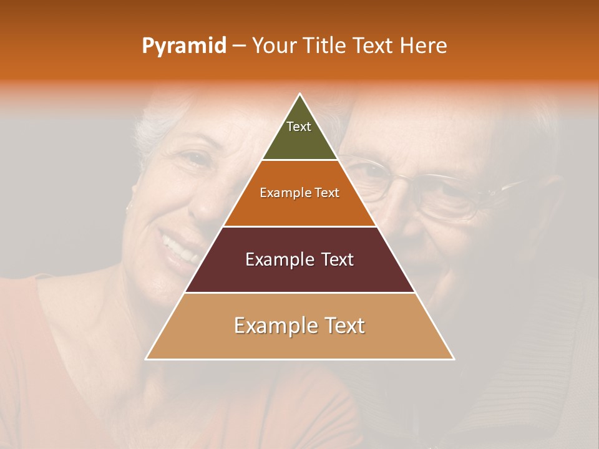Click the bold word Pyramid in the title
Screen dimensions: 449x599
click(x=184, y=46)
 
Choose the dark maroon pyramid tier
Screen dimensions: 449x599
click(x=299, y=274)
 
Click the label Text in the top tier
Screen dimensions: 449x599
click(x=299, y=127)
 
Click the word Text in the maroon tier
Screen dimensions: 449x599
click(x=338, y=259)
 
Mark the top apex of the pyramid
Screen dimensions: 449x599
click(x=300, y=94)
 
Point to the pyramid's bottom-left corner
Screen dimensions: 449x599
click(x=146, y=359)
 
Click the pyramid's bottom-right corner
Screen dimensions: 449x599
click(x=454, y=359)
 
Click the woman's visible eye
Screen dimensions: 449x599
click(x=197, y=162)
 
